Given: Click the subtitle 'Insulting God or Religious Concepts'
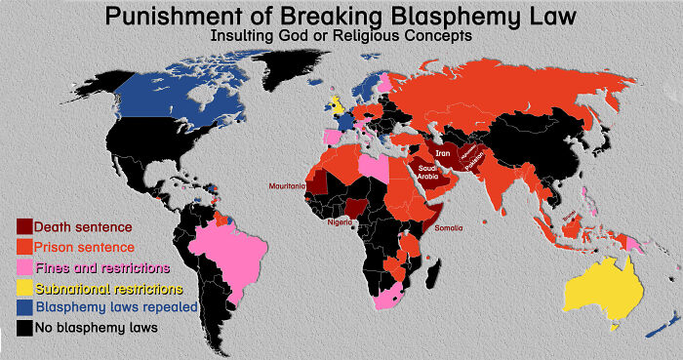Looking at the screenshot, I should click(x=341, y=35).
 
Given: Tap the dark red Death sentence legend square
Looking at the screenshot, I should click(x=24, y=227).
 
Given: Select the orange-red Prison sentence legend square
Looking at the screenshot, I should click(x=24, y=247).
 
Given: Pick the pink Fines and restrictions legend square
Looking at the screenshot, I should click(x=24, y=267).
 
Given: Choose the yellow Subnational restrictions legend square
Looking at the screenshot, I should click(x=24, y=288).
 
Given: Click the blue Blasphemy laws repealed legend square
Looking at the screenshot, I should click(x=24, y=307).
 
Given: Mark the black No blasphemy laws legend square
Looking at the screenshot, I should click(x=24, y=328).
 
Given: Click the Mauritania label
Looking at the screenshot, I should click(x=288, y=184).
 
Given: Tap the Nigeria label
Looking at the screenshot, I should click(x=341, y=222).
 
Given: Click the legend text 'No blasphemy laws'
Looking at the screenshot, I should click(x=96, y=328).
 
